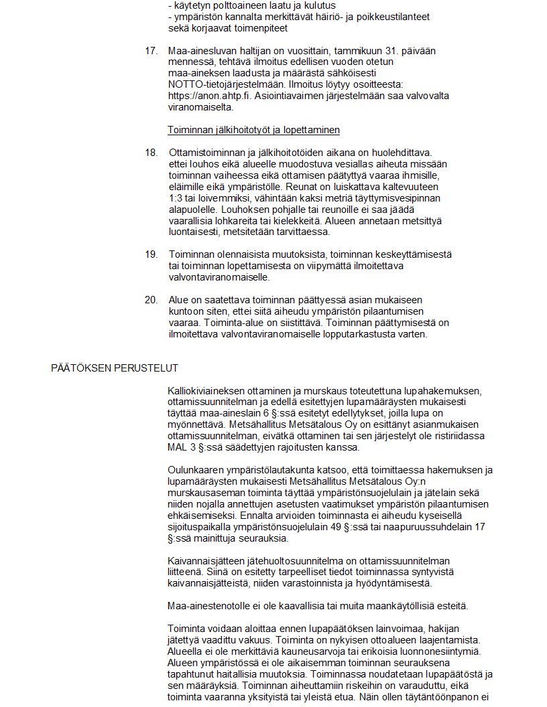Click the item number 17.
[151, 51]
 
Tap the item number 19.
[151, 254]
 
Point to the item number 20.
[151, 300]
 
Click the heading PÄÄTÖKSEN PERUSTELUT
[114, 368]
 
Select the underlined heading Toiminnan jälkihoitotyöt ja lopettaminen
[253, 129]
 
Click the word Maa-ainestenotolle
[208, 607]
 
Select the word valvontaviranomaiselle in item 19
[219, 277]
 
